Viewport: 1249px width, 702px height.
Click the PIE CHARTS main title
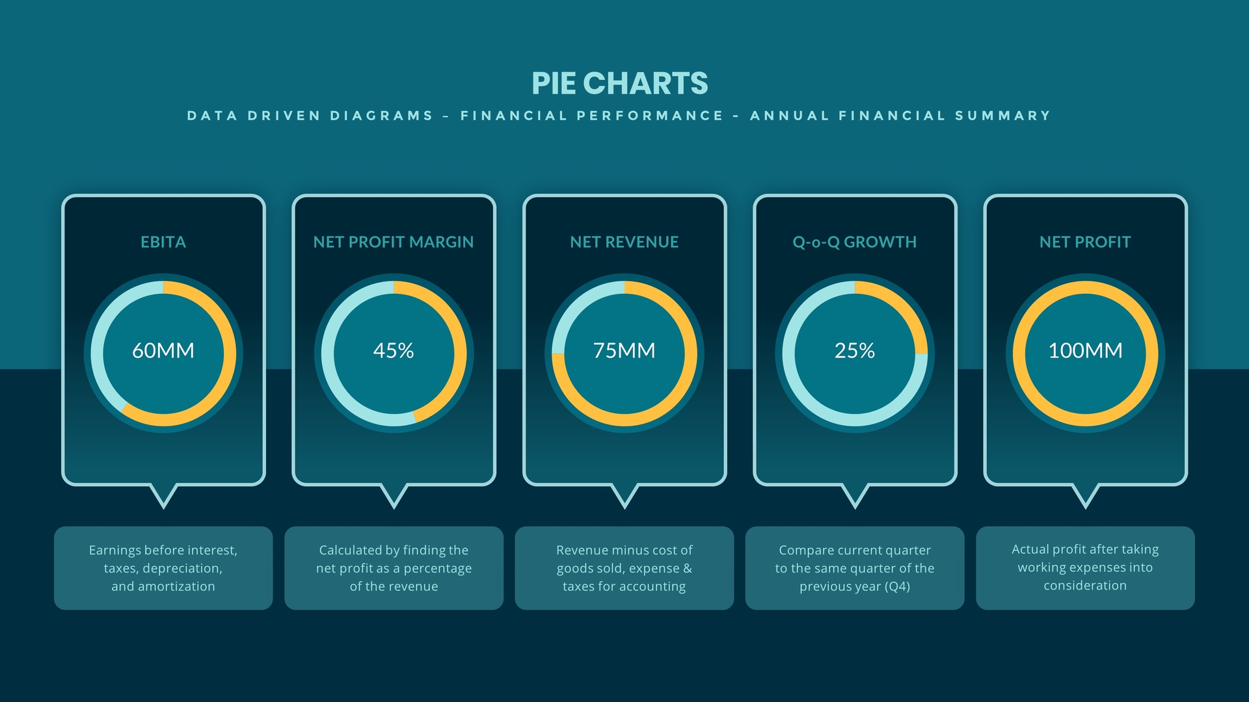click(619, 83)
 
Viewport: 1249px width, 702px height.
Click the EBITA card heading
click(163, 242)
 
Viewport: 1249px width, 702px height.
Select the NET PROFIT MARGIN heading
click(394, 242)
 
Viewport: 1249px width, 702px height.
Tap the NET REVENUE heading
click(624, 242)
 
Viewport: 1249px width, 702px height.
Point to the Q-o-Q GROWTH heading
click(854, 242)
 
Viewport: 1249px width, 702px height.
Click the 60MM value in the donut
click(163, 350)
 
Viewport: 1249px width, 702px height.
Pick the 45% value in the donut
click(394, 350)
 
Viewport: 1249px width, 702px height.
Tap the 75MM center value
click(624, 350)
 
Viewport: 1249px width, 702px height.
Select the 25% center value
click(854, 350)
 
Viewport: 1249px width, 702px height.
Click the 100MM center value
click(1085, 350)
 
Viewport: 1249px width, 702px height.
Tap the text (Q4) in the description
click(897, 586)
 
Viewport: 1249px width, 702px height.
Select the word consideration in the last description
click(1085, 586)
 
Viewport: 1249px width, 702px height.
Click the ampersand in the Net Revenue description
click(687, 568)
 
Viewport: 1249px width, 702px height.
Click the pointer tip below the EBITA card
click(163, 505)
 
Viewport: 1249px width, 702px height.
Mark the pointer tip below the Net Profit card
click(1085, 505)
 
